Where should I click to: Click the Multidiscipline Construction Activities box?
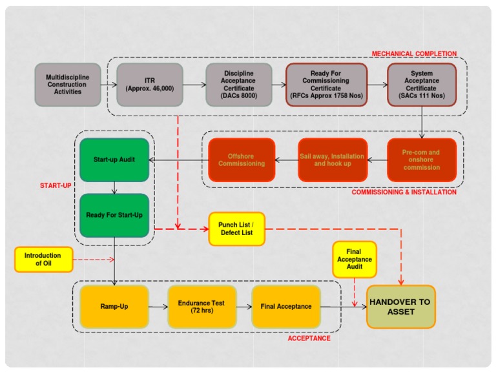tap(68, 85)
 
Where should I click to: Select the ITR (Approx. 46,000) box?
tap(150, 85)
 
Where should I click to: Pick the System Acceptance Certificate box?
tap(422, 85)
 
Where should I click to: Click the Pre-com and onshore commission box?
tap(422, 160)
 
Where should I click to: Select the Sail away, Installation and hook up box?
tap(332, 160)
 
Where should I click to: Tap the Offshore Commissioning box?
tap(242, 160)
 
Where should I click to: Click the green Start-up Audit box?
tap(114, 160)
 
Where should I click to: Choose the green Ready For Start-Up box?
tap(114, 215)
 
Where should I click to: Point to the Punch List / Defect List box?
tap(236, 229)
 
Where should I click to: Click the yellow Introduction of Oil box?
tap(43, 260)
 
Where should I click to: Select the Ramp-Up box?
tap(114, 306)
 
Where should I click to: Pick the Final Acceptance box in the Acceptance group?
tap(286, 306)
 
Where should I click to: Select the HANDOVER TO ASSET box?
tap(401, 307)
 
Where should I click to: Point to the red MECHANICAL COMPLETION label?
tap(414, 54)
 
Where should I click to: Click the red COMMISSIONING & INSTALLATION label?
tap(404, 192)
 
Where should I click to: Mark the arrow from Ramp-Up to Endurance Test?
tap(158, 306)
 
